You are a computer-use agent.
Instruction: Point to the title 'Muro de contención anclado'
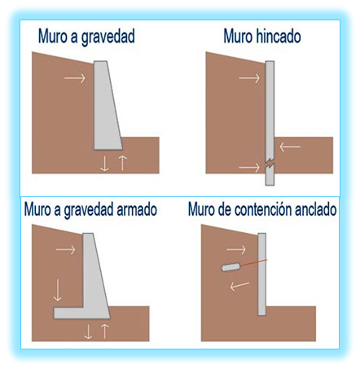point(261,210)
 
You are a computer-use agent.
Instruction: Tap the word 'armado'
point(136,210)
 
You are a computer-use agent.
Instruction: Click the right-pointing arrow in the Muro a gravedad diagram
point(74,78)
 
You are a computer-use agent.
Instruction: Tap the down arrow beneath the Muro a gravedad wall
point(104,161)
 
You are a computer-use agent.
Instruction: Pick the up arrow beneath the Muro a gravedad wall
point(122,161)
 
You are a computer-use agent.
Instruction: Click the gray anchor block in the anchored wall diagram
point(229,266)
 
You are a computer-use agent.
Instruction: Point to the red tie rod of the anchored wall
point(249,262)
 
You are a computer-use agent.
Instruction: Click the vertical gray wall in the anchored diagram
point(263,273)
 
